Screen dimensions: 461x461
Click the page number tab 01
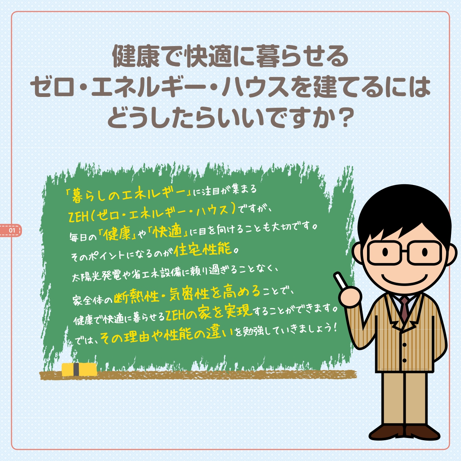point(11,230)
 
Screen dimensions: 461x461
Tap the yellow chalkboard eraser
point(79,370)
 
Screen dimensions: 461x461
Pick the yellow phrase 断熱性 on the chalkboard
point(136,297)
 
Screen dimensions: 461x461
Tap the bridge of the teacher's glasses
point(404,251)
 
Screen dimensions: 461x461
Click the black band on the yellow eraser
point(76,369)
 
